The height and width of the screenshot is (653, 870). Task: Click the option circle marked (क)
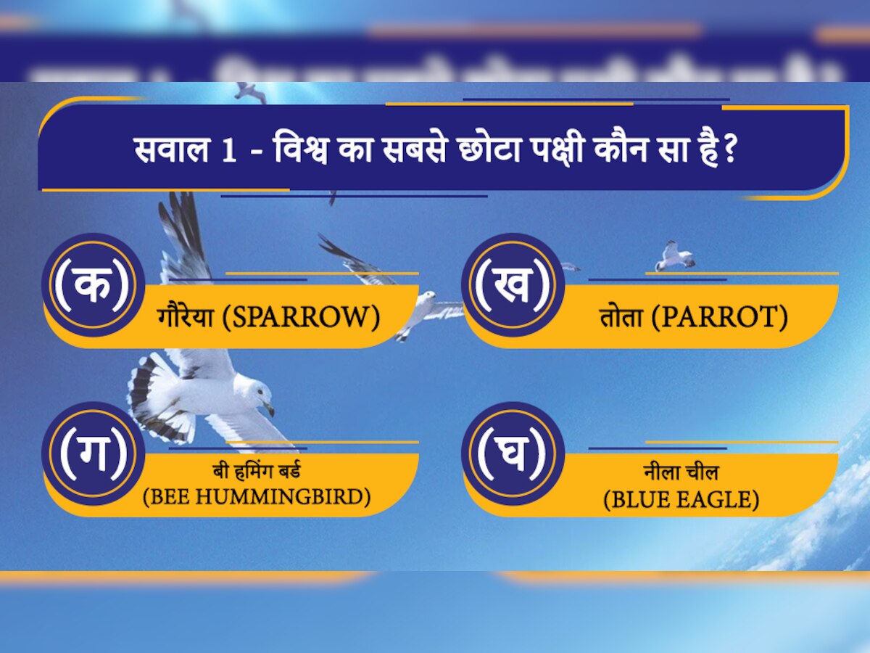93,285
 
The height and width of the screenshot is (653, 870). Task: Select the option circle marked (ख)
513,285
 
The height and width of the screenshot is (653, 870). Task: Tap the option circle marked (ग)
93,453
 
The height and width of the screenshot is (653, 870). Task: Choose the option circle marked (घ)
513,453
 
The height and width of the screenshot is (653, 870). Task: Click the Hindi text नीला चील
681,473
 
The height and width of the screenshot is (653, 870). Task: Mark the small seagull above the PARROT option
674,256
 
